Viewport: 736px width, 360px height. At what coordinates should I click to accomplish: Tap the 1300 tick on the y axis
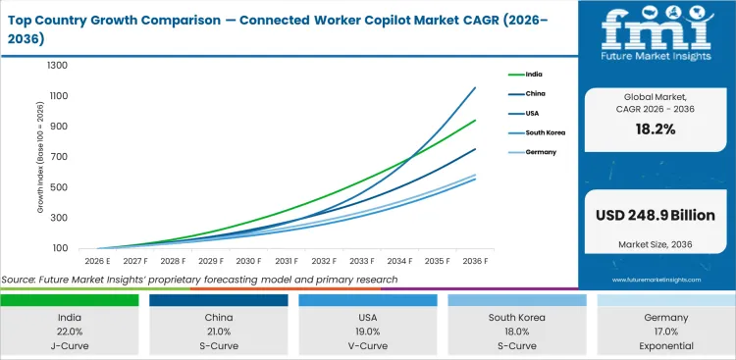tap(56, 66)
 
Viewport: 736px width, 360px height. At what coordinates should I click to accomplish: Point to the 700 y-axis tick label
tap(59, 157)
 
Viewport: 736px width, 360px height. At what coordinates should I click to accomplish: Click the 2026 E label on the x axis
tap(97, 261)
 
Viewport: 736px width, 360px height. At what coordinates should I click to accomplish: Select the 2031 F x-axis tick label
tap(286, 261)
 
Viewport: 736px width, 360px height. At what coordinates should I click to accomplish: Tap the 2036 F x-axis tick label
tap(475, 261)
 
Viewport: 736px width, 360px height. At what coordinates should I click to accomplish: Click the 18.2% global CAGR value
tap(656, 129)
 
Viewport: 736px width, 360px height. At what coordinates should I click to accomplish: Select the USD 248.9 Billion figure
tap(656, 215)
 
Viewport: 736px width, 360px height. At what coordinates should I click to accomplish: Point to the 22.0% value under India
tap(69, 332)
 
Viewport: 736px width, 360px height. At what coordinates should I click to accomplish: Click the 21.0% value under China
tap(218, 332)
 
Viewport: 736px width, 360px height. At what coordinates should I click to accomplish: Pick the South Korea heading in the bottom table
tap(516, 318)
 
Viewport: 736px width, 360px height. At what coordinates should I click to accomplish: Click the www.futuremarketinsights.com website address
tap(656, 280)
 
